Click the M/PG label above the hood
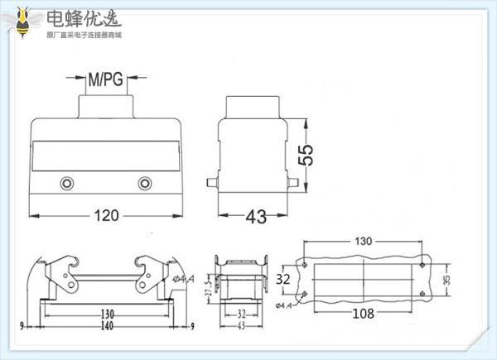tap(104, 80)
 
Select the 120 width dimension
tap(105, 215)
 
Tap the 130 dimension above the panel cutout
tap(364, 242)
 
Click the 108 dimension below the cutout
tap(362, 314)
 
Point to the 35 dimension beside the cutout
tap(447, 279)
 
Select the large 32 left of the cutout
tap(284, 279)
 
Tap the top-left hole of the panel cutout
tap(306, 265)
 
